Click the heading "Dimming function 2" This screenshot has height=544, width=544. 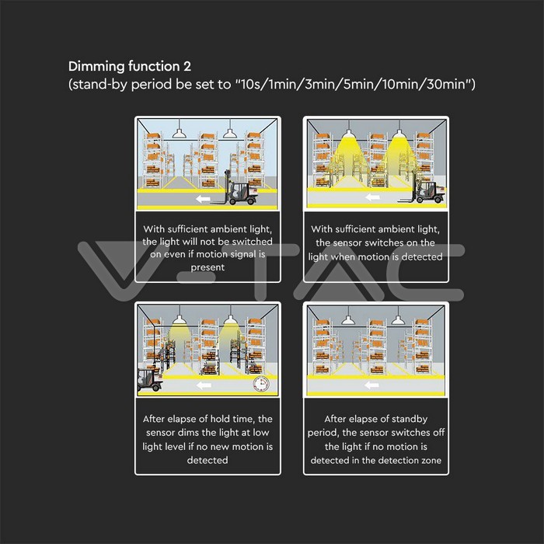(x=130, y=66)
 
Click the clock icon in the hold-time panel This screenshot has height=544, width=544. (x=261, y=385)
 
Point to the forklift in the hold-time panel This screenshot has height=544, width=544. (x=150, y=379)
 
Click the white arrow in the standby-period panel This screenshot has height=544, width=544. (x=372, y=385)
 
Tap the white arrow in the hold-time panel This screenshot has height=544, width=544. (x=204, y=385)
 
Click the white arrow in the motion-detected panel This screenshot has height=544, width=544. (x=372, y=197)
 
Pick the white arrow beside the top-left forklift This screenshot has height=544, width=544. (x=203, y=199)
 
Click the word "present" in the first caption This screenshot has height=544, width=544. (x=207, y=267)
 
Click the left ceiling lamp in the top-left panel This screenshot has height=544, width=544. (x=179, y=133)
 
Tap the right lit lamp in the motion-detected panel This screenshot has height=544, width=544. (x=399, y=133)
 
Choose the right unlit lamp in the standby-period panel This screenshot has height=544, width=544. (x=398, y=319)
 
